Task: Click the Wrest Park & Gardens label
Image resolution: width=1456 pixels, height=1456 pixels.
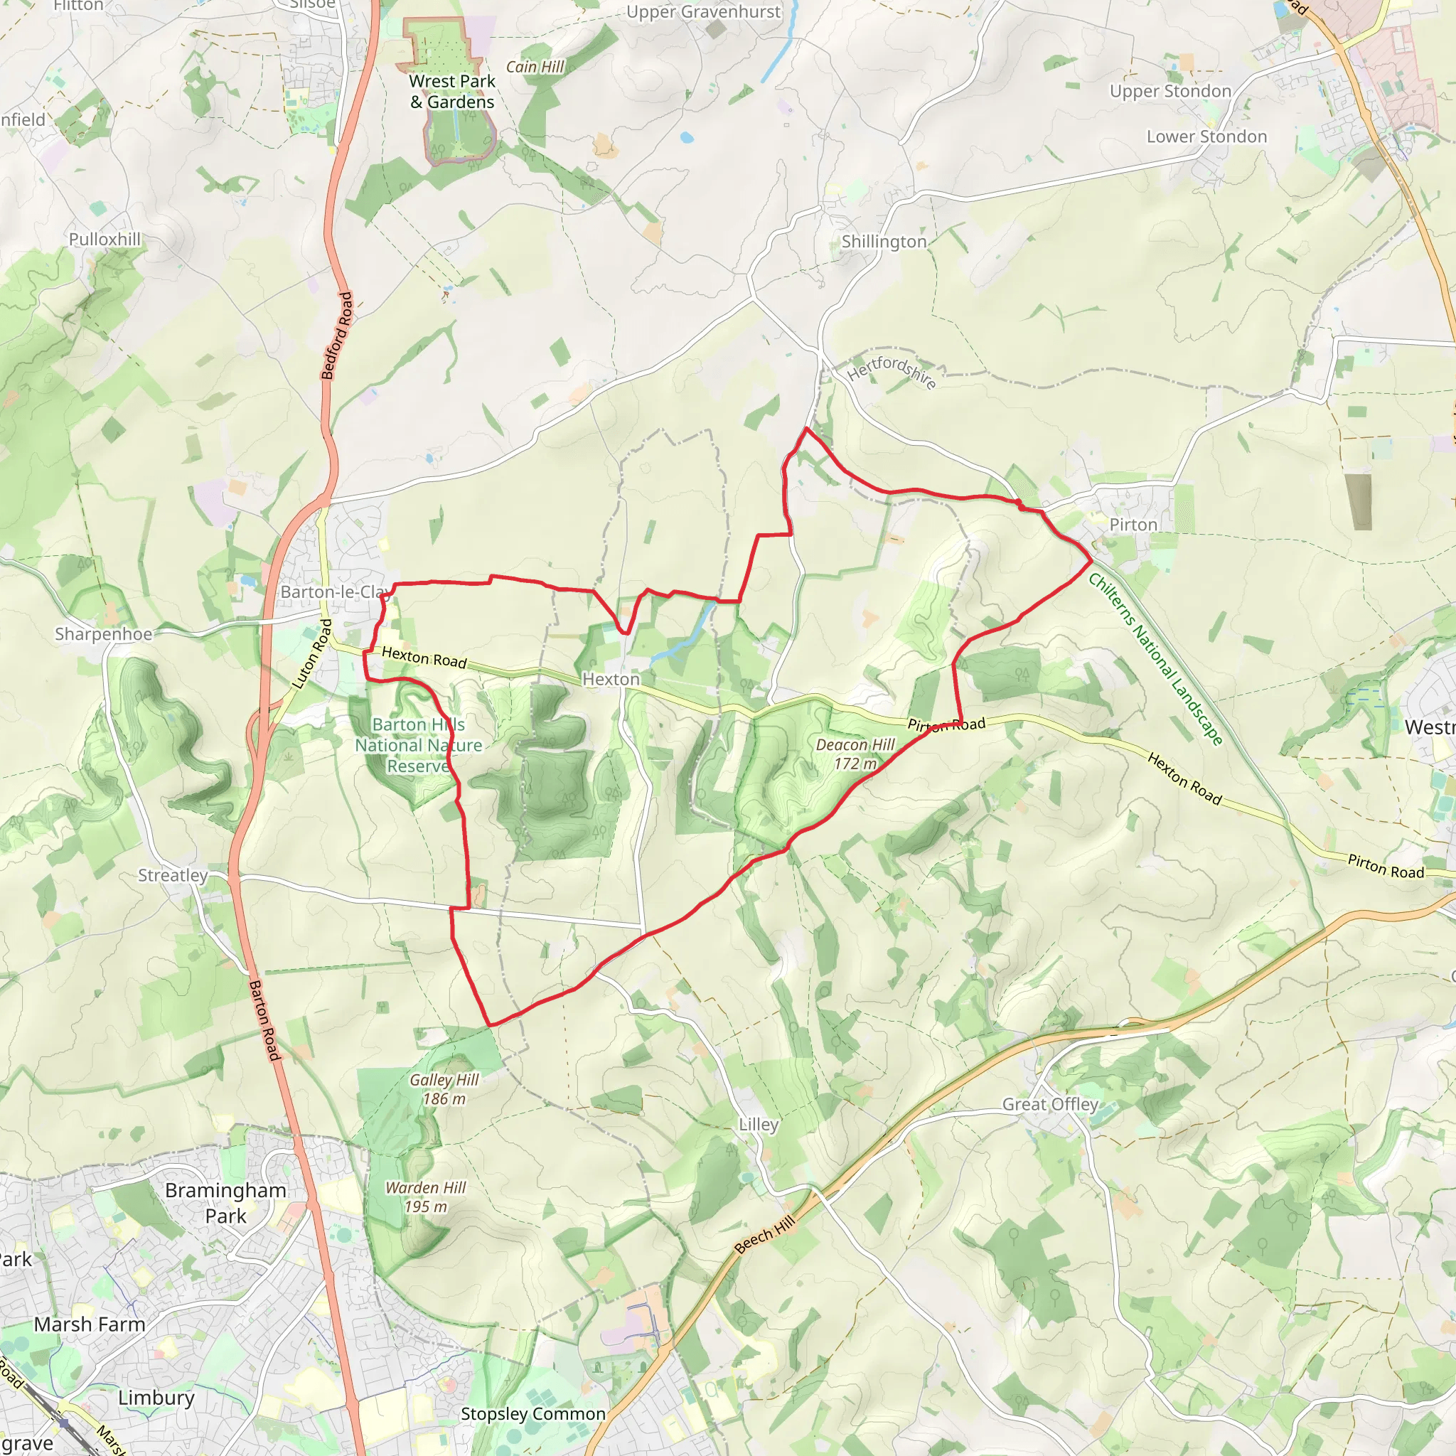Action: (452, 91)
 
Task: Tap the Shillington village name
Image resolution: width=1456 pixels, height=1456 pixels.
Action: (883, 242)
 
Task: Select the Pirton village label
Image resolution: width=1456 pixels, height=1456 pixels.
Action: (1133, 525)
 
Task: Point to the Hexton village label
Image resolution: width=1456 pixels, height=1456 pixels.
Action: (611, 679)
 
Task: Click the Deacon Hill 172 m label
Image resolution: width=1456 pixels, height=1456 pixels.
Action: (855, 754)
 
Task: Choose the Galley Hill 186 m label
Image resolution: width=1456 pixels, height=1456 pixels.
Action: (444, 1089)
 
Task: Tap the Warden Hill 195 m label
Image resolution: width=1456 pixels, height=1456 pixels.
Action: (426, 1197)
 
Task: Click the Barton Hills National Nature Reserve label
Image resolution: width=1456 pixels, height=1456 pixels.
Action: (418, 745)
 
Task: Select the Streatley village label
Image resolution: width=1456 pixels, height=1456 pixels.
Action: (173, 875)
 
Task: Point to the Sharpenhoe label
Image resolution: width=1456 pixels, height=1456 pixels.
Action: (103, 633)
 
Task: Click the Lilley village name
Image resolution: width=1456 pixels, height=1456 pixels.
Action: (758, 1125)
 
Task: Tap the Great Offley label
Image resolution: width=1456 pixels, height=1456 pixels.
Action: (1050, 1104)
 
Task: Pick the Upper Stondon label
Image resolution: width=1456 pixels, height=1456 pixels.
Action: (1170, 91)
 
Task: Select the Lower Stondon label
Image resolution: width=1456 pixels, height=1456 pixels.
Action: (1206, 136)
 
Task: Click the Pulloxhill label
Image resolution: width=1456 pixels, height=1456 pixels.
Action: (105, 239)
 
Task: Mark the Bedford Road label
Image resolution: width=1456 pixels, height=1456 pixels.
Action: (337, 336)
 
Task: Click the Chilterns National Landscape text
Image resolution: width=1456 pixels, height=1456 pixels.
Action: (1155, 660)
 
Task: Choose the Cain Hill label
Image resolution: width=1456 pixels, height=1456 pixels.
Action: (535, 67)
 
